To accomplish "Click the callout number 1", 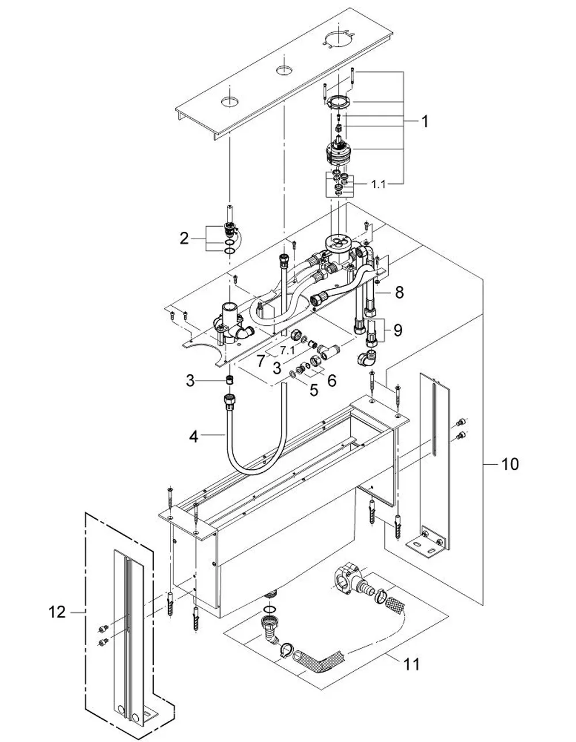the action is tap(425, 121).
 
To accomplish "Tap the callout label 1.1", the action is tap(378, 184).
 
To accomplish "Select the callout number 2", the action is tap(184, 238).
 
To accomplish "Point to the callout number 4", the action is tap(194, 436).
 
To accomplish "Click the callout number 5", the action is tap(314, 390).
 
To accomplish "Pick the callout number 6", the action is tap(332, 380).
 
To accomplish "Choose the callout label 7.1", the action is tap(287, 349).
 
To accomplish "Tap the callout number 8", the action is tap(399, 292).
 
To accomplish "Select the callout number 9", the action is tap(397, 330).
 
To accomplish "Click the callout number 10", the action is tap(510, 464).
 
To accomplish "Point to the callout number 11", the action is tap(412, 664).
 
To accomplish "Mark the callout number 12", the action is tap(57, 612).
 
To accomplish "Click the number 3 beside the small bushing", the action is tap(190, 381).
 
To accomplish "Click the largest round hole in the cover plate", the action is tap(339, 38).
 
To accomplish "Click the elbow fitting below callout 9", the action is tap(367, 358).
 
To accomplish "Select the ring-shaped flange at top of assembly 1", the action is tap(338, 102).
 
